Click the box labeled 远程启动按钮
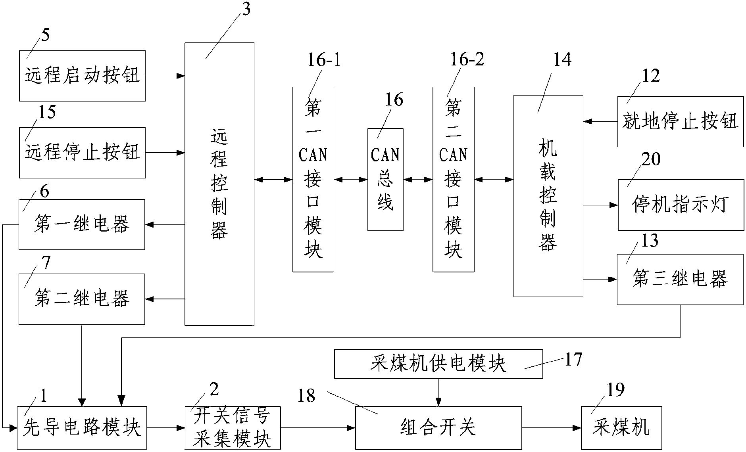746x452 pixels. pos(82,76)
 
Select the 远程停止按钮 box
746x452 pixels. pos(82,153)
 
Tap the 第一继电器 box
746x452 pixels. pos(82,224)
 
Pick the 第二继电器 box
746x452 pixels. pos(82,299)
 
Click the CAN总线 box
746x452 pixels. pos(385,180)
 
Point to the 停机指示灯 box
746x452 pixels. pos(681,205)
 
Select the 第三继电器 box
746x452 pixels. pos(680,279)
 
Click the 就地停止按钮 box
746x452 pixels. pos(680,121)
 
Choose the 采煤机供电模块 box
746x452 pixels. pos(438,364)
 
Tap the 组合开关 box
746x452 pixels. pos(438,428)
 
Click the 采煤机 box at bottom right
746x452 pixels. pos(621,428)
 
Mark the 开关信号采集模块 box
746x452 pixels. pos(233,428)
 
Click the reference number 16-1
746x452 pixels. pos(324,60)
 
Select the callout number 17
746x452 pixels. pos(573,359)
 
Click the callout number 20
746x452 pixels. pos(651,159)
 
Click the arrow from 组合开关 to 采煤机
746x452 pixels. pos(552,428)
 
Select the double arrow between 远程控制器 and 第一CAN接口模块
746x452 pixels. pos(273,180)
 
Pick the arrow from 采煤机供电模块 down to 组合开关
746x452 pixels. pos(438,393)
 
